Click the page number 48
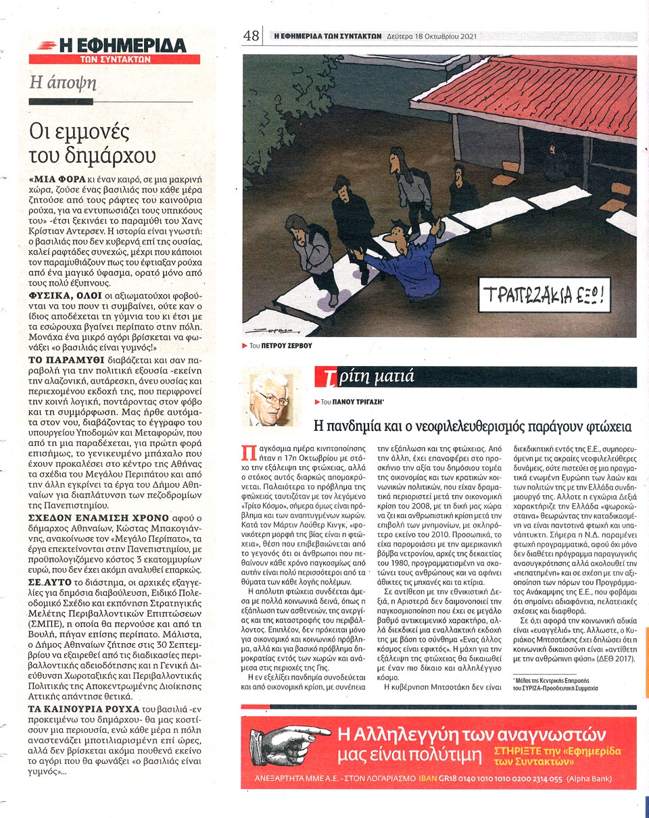[251, 36]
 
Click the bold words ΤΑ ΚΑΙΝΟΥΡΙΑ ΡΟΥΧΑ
[73, 709]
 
